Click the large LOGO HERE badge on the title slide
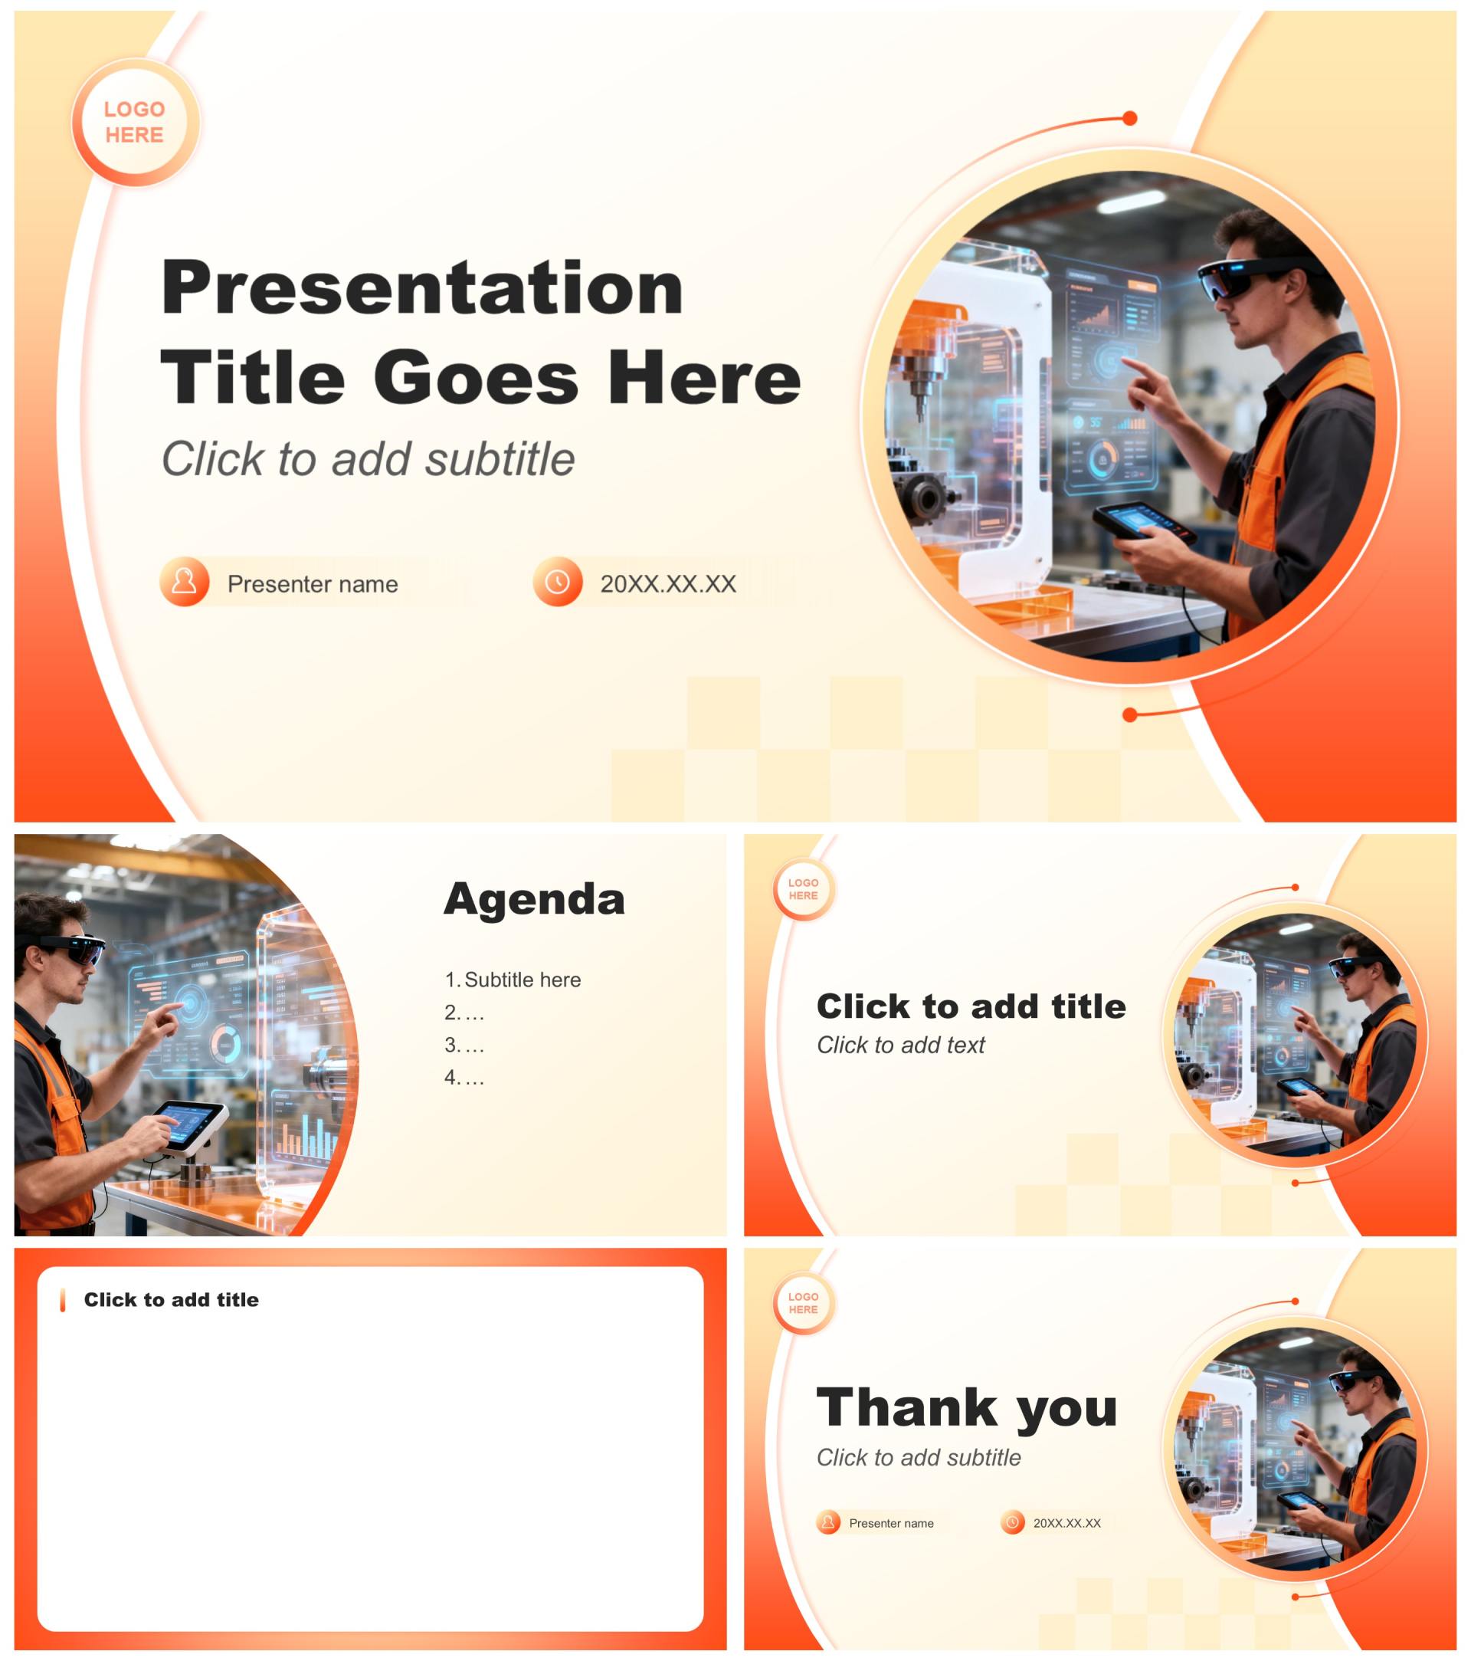coord(135,122)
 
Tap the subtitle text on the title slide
coord(368,458)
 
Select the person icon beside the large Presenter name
coord(185,581)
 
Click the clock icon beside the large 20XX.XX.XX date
coord(557,581)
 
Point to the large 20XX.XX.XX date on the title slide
coord(667,583)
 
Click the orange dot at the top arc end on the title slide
coord(1129,119)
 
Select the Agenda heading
coord(535,899)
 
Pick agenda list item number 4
coord(464,1078)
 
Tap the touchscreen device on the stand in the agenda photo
coord(191,1124)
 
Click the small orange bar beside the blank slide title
coord(63,1300)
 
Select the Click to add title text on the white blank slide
coord(172,1299)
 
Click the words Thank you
coord(967,1407)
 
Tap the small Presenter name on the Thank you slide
coord(891,1523)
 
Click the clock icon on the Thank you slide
coord(1012,1522)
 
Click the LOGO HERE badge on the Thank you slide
coord(804,1304)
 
